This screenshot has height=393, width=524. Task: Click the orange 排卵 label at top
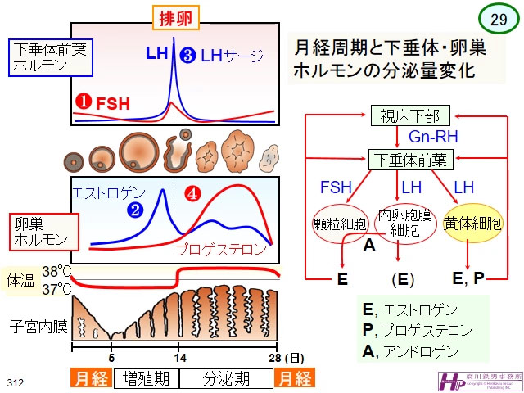(174, 16)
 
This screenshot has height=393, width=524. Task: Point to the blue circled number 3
(187, 56)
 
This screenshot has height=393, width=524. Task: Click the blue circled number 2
(135, 210)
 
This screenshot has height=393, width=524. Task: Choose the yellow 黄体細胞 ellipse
(472, 223)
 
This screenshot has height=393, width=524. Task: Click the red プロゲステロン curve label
(223, 248)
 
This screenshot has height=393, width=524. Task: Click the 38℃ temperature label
(57, 272)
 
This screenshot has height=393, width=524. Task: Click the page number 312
(16, 382)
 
